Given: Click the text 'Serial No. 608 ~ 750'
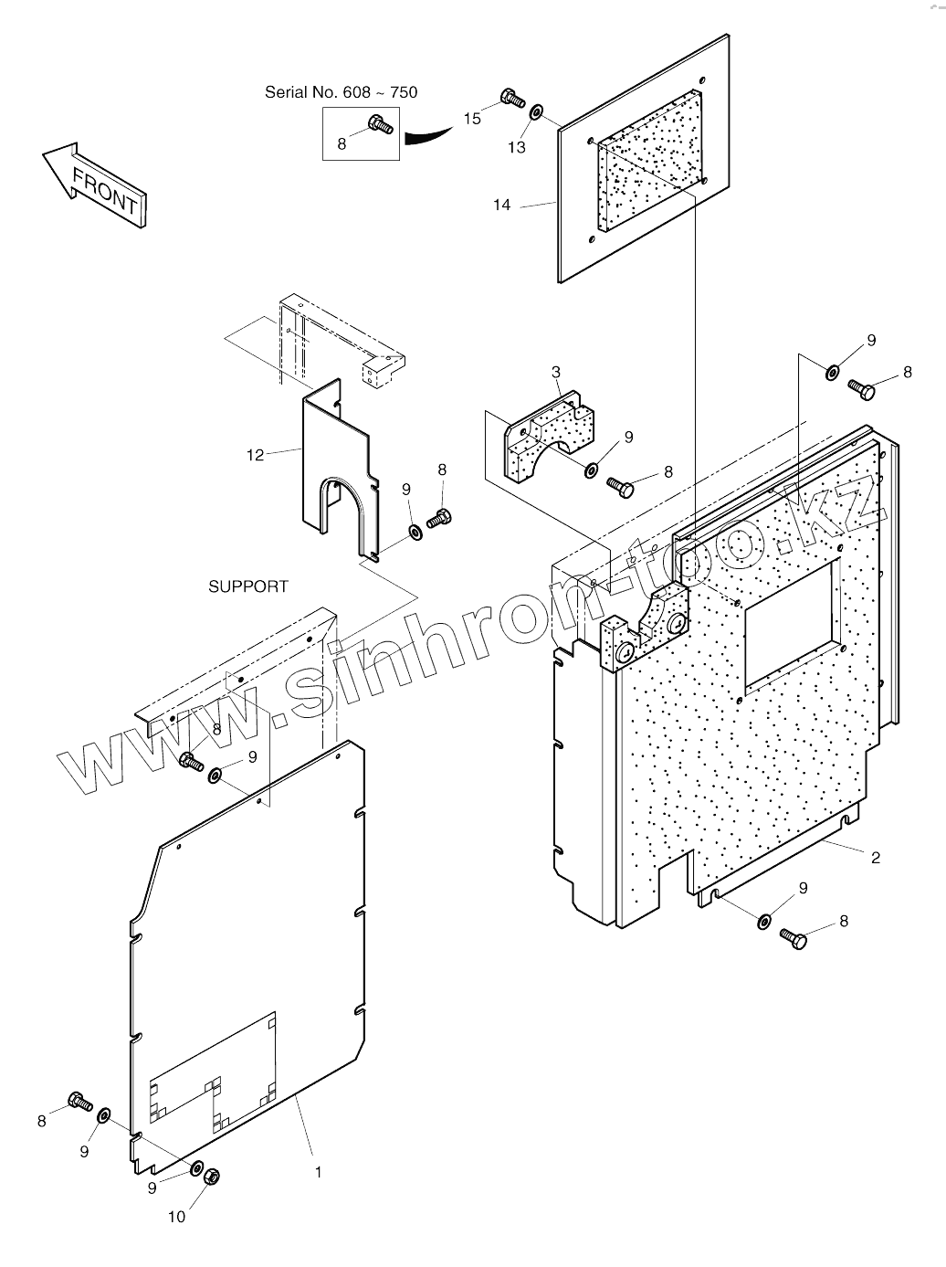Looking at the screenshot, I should [x=341, y=92].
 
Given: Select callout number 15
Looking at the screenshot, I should [x=471, y=119].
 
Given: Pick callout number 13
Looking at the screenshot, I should [x=518, y=147].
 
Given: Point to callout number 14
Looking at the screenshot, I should [x=502, y=206].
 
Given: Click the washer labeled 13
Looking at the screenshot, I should [x=536, y=111].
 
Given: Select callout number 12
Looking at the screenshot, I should [x=255, y=454].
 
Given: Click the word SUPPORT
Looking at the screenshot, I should [x=248, y=586].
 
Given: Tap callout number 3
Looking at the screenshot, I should [x=555, y=372].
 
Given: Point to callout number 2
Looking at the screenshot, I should [x=875, y=857].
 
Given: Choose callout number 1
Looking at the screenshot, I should [x=318, y=1171].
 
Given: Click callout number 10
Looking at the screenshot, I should [x=177, y=1216].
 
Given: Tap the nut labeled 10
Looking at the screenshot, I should [x=209, y=1176].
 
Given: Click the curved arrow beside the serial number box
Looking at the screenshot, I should [x=427, y=135].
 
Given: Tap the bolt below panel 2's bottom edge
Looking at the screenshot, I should [x=794, y=938].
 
